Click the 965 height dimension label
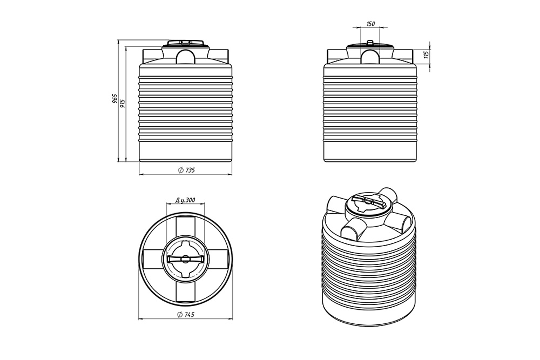(x=115, y=100)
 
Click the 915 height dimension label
(x=123, y=103)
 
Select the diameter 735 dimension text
(x=186, y=170)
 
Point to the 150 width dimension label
(x=370, y=24)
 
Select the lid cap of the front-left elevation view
(x=186, y=43)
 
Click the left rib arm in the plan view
(x=153, y=259)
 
